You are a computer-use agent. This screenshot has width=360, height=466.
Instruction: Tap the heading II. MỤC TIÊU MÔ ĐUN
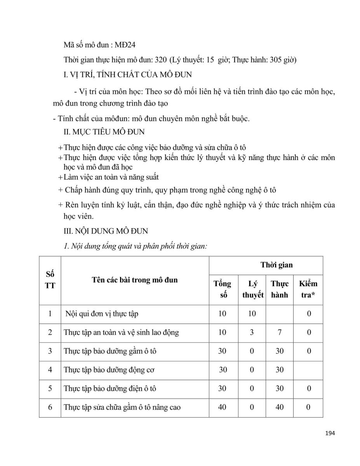click(x=104, y=132)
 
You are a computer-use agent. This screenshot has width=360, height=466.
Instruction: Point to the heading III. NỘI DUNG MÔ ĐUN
click(x=106, y=231)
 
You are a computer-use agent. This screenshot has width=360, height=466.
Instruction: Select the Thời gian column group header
click(x=277, y=265)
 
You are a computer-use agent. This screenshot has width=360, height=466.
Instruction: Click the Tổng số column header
click(x=223, y=289)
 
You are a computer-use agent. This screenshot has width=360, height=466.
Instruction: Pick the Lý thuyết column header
click(x=253, y=289)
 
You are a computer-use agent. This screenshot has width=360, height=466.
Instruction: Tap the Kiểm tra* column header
click(x=309, y=289)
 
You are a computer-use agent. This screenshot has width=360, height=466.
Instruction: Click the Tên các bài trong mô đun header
click(x=135, y=280)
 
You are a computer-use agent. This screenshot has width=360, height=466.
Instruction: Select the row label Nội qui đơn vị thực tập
click(x=102, y=314)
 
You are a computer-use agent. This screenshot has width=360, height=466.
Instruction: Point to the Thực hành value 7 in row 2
click(x=280, y=332)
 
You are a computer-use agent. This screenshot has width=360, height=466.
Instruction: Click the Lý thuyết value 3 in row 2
click(x=252, y=332)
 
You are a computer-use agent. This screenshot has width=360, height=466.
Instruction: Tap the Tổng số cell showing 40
click(x=223, y=407)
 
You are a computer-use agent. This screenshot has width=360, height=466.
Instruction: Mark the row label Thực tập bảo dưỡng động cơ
click(x=109, y=370)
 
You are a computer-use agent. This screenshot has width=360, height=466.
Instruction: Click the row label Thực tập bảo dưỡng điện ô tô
click(x=110, y=388)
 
